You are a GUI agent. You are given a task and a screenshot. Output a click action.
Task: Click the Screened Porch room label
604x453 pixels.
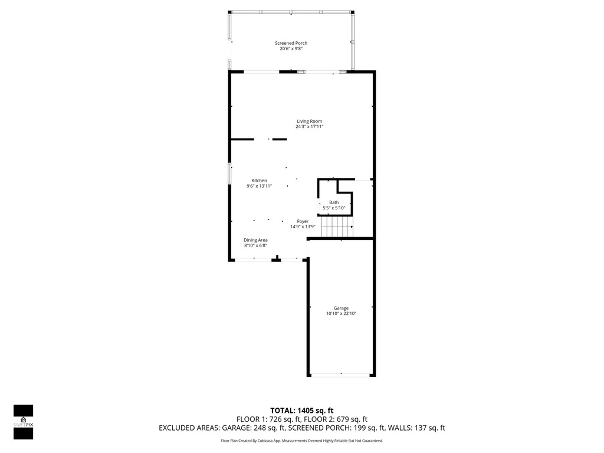tap(291, 43)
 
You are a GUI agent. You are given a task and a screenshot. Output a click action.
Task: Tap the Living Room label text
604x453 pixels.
tap(309, 121)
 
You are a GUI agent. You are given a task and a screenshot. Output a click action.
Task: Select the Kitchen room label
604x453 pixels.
tap(260, 180)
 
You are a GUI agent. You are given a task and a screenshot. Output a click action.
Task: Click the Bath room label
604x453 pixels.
tap(334, 202)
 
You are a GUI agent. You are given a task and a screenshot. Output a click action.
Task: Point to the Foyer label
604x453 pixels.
tap(303, 221)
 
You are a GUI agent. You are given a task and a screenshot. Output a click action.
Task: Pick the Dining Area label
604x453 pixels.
tap(255, 240)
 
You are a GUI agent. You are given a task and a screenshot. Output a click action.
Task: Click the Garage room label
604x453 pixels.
tap(341, 308)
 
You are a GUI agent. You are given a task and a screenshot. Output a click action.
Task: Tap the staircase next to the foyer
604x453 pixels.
tap(337, 226)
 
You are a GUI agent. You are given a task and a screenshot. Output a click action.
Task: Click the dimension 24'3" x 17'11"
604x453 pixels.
tap(309, 126)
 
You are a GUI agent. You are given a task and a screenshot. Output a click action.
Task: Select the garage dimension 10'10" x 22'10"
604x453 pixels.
tap(341, 314)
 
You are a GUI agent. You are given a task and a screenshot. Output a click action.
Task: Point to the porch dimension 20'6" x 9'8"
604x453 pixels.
tap(291, 48)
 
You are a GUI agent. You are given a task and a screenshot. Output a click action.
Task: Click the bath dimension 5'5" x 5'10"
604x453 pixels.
tap(334, 208)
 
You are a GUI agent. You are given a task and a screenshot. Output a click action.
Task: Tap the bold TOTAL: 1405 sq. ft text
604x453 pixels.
tap(301, 411)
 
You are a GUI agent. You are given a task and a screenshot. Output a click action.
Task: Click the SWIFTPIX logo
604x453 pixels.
tap(23, 422)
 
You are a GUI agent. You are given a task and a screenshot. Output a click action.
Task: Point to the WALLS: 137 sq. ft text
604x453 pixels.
tap(416, 428)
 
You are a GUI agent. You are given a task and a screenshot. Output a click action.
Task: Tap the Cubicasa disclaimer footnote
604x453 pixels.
tap(301, 441)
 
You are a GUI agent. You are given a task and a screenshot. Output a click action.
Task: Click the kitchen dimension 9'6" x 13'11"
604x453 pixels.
tap(260, 186)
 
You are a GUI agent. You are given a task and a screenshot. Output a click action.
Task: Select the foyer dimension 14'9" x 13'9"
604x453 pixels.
tap(303, 226)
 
